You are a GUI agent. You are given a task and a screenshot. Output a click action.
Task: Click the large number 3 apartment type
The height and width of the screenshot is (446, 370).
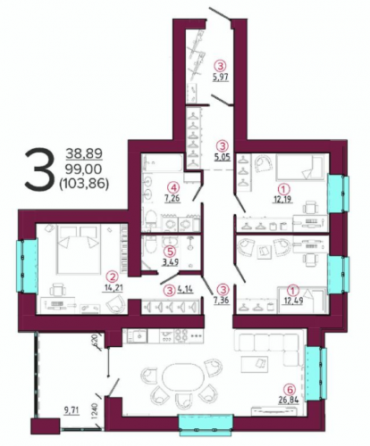38,169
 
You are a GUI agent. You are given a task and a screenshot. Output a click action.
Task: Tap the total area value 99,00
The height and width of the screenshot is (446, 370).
84,169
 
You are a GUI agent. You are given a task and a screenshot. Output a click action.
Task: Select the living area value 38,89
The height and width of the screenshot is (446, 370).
84,153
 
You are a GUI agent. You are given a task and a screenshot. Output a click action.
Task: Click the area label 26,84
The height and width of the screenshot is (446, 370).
289,400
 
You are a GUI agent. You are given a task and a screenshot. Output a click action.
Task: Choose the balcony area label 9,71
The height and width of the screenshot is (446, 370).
71,410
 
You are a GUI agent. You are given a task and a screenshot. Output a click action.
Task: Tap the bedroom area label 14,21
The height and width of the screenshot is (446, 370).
114,288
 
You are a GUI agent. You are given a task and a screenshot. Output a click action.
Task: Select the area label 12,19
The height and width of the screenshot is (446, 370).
282,199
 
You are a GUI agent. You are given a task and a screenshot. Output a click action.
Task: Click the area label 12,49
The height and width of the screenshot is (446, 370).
293,301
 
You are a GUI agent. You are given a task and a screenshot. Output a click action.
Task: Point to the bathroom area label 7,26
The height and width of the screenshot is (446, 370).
172,198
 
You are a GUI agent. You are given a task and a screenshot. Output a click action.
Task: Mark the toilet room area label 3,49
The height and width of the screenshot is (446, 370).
170,262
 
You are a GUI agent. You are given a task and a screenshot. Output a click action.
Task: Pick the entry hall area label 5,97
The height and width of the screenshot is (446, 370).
221,77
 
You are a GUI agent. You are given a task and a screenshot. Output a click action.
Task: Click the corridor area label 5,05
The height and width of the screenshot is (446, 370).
223,157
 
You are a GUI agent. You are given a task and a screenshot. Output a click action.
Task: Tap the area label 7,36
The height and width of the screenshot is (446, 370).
221,300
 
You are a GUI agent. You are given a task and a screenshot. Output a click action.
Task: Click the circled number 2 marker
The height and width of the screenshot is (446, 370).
113,277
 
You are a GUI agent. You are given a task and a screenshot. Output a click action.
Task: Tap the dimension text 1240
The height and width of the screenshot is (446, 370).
95,411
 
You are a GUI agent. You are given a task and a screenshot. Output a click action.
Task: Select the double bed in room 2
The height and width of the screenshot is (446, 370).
79,249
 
